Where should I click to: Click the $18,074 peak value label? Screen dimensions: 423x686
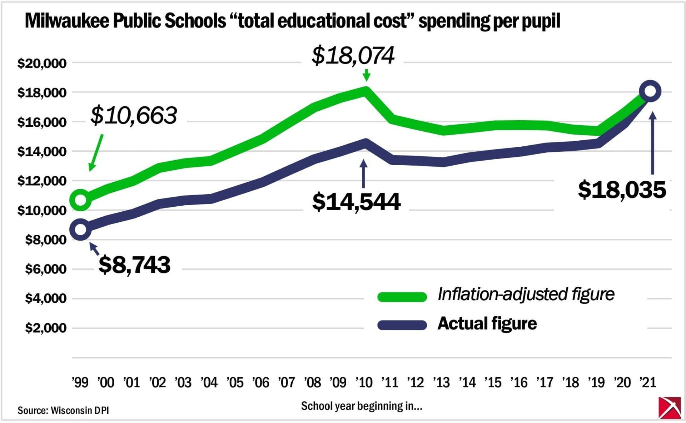[353, 56]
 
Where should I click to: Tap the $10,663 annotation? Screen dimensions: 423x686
[134, 115]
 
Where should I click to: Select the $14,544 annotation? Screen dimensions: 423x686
[356, 202]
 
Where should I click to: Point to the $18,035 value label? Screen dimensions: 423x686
[622, 190]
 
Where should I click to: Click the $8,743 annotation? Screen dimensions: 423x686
[134, 265]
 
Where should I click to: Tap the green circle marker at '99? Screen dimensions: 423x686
[80, 200]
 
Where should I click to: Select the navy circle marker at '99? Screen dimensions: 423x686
[80, 229]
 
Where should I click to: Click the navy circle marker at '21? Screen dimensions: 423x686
[650, 91]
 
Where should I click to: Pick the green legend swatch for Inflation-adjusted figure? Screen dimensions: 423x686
[402, 297]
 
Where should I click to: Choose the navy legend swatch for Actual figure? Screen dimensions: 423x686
[402, 325]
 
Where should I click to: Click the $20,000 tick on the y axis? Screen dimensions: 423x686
[42, 63]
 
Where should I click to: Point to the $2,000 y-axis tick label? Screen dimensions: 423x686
[45, 328]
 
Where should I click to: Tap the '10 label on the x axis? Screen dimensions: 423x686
[364, 383]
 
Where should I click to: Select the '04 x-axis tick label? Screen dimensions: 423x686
[209, 383]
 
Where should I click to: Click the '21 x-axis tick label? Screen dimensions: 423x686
[647, 383]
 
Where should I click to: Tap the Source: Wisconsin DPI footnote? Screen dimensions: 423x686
[63, 410]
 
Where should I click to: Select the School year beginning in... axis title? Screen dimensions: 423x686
[362, 406]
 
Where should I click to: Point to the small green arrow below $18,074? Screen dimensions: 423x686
[366, 75]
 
